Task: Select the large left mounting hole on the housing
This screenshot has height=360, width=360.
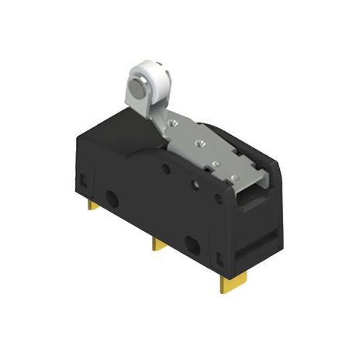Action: coord(115,199)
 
